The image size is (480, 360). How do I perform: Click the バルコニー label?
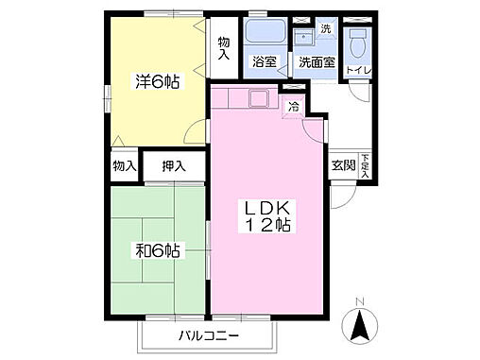[208, 335]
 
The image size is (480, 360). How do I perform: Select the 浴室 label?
[264, 62]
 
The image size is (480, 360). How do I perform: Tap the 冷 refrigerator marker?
[294, 106]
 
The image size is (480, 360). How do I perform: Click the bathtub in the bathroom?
[266, 34]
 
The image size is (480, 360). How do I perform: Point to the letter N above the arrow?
[358, 303]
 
